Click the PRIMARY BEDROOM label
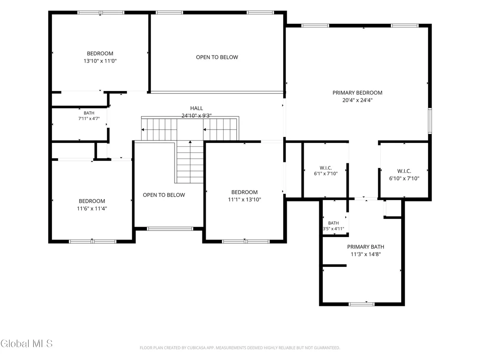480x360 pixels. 357,92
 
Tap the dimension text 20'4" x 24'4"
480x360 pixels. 357,100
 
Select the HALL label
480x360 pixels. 197,108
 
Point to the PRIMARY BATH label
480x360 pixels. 366,247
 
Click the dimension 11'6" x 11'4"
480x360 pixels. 92,209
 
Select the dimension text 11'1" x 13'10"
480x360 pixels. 244,200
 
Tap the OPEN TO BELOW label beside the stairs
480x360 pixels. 164,195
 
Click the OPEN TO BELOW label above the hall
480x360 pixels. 217,57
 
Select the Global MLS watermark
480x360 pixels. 26,344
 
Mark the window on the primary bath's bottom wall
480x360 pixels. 362,304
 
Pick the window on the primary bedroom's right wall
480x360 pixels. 430,120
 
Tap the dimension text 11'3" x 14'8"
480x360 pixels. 366,254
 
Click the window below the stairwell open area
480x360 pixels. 170,229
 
